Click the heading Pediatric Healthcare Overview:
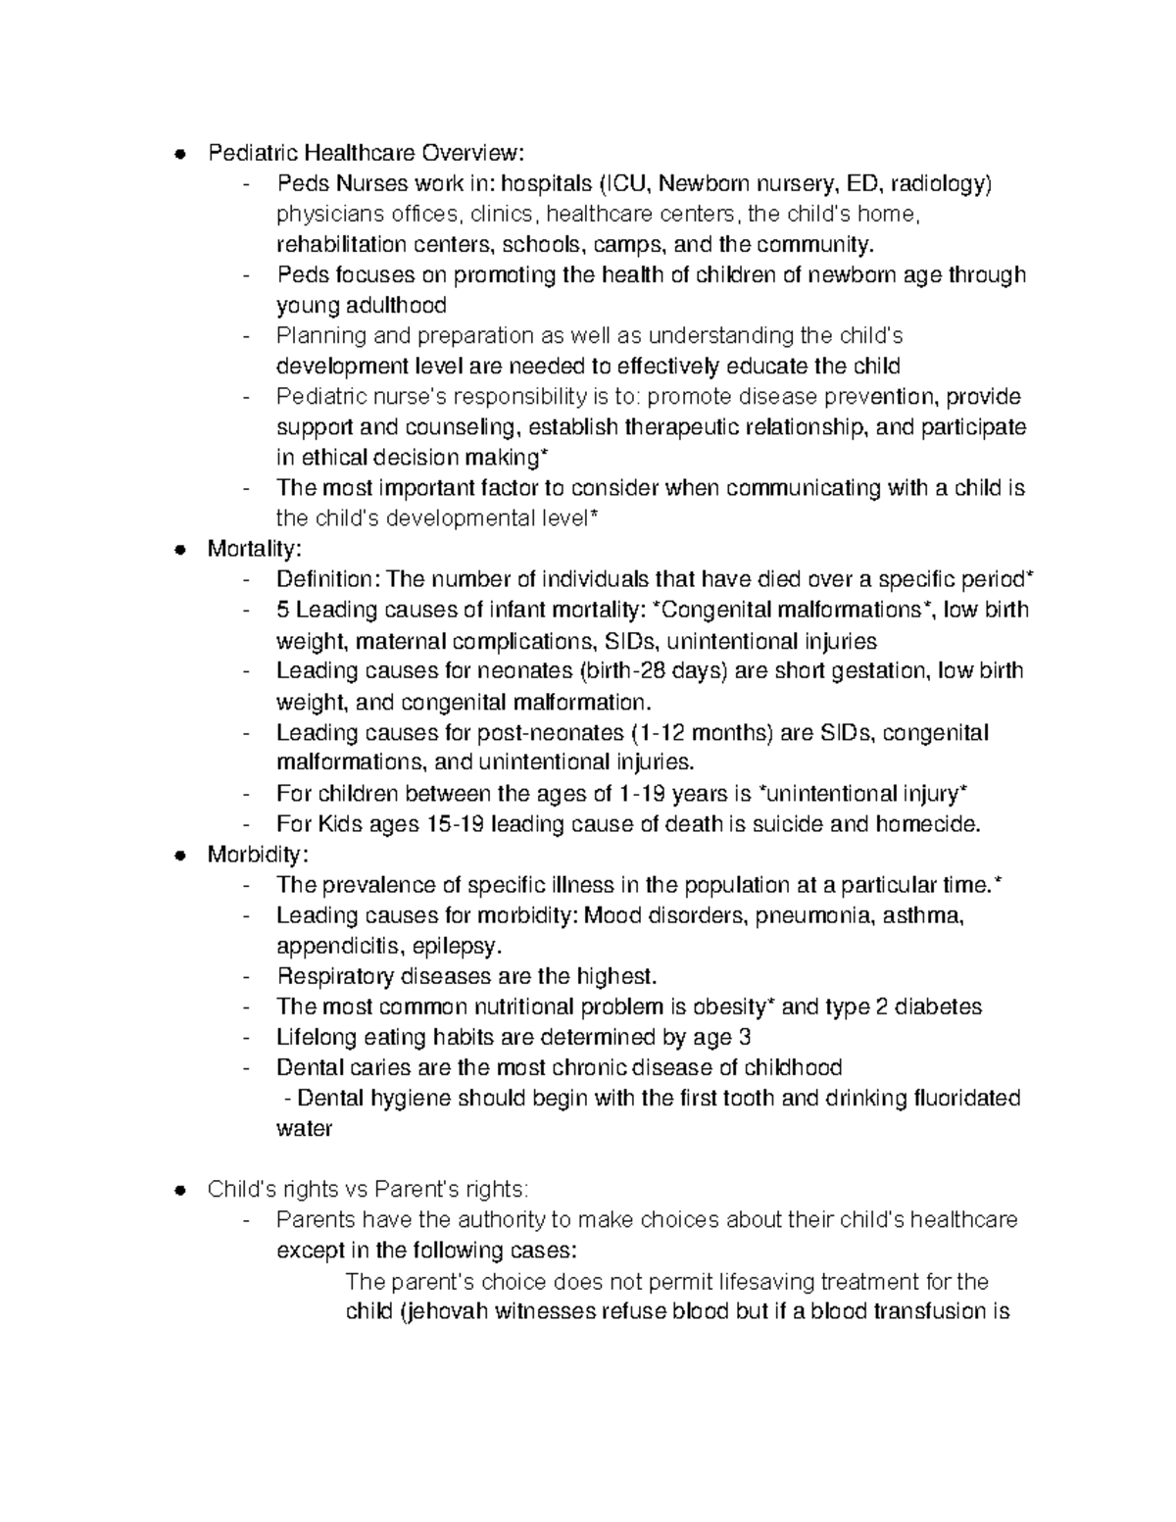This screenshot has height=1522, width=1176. [366, 153]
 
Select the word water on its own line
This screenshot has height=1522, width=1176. [304, 1129]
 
